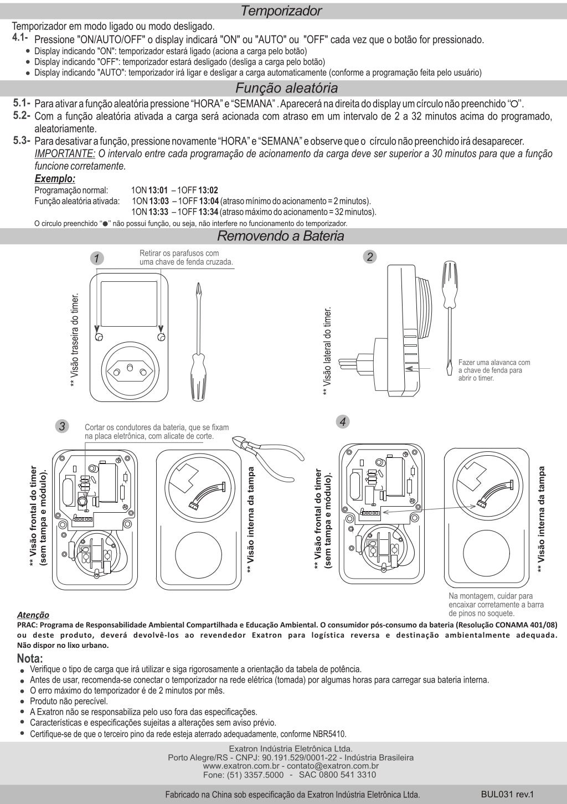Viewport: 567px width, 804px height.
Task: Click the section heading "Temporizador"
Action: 281,11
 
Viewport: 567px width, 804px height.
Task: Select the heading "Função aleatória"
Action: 286,88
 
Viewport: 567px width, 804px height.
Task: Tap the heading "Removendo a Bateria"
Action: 280,236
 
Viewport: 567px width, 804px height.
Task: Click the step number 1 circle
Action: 97,258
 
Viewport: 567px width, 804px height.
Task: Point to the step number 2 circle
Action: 370,256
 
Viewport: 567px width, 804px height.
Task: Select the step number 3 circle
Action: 63,426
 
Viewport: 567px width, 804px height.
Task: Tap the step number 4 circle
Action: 343,421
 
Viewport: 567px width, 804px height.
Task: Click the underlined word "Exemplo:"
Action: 55,179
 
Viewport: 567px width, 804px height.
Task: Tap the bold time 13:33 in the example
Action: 158,212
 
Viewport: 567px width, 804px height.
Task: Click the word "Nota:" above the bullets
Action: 30,659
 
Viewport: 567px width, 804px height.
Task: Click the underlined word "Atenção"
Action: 33,615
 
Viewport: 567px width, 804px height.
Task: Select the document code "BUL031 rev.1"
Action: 507,793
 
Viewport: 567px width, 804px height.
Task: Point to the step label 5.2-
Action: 22,115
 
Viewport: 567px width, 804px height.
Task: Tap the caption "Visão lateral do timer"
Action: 328,351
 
